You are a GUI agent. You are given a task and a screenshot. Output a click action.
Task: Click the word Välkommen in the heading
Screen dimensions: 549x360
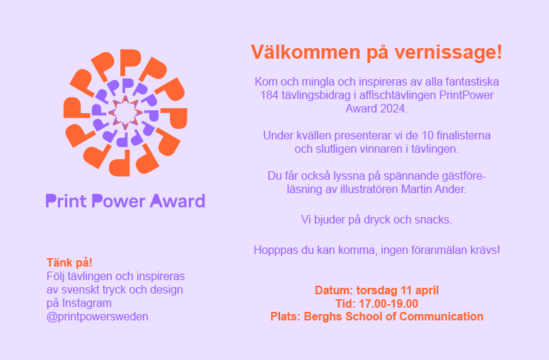click(x=306, y=52)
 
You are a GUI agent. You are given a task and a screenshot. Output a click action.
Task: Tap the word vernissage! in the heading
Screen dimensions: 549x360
click(x=449, y=52)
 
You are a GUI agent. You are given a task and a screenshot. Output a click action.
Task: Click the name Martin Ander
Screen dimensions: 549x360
click(x=434, y=190)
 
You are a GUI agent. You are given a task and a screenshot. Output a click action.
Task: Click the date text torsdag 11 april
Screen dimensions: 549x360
click(x=398, y=290)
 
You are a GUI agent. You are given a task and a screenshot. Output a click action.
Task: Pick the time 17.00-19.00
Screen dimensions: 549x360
click(x=388, y=303)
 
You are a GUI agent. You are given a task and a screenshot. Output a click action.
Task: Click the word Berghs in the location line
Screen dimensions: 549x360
click(x=323, y=317)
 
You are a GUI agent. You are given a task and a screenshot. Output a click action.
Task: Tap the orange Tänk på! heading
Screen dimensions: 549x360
click(x=69, y=262)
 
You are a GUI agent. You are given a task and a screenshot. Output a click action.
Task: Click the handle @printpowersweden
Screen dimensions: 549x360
click(x=98, y=317)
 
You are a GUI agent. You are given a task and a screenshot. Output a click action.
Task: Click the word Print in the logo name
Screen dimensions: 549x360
click(x=67, y=201)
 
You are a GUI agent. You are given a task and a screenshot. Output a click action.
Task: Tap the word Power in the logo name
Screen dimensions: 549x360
click(x=118, y=201)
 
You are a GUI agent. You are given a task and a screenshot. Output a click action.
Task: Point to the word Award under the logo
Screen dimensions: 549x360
click(x=178, y=201)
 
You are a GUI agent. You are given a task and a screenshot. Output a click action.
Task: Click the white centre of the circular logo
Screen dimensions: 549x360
click(x=125, y=112)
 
